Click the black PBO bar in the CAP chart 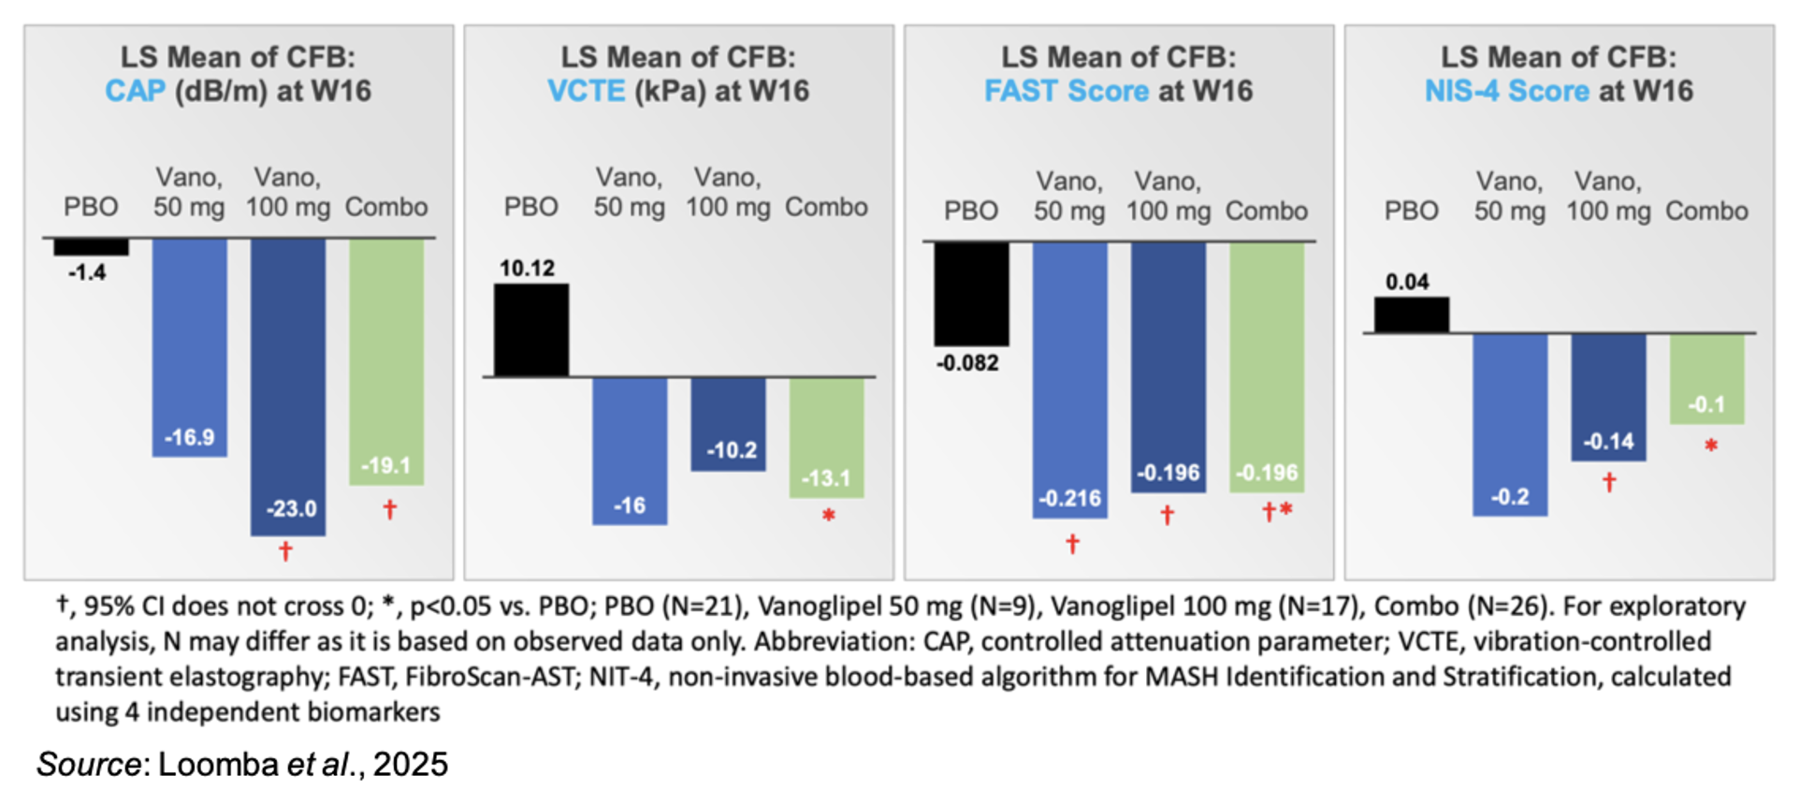coord(91,247)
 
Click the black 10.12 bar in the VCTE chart coord(531,329)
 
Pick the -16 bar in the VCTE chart coord(630,449)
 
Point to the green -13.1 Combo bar coord(826,436)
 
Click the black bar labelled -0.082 coord(971,294)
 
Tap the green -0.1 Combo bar coord(1706,378)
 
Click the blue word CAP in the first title coord(135,91)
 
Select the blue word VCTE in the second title coord(587,91)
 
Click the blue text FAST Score coord(1067,91)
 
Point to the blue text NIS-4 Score coord(1506,91)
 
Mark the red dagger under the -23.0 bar coord(286,551)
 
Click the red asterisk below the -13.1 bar coord(828,515)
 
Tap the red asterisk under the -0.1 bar coord(1711,446)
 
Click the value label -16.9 coord(190,437)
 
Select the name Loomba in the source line coord(218,765)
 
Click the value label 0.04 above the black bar coord(1407,282)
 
